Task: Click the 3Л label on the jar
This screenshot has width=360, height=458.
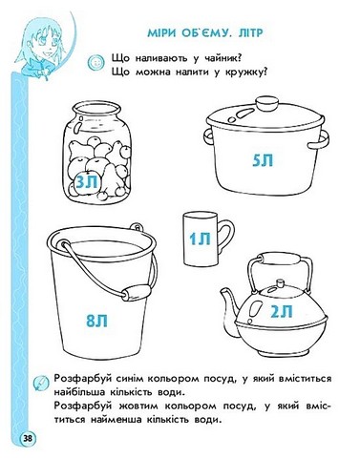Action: coord(87,182)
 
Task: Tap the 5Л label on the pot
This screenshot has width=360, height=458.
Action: coord(263,159)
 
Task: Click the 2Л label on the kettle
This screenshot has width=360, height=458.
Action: coord(282,311)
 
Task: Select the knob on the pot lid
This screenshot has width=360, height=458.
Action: coord(267,104)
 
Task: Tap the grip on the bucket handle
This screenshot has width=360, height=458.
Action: coord(137,292)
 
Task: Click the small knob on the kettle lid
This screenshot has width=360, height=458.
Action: coord(281,282)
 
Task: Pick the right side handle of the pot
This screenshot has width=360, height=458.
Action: coord(318,139)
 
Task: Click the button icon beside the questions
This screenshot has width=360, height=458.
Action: coord(95,61)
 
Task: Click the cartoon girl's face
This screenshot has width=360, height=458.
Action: coord(48,40)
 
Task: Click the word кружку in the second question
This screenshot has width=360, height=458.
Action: coord(245,73)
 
